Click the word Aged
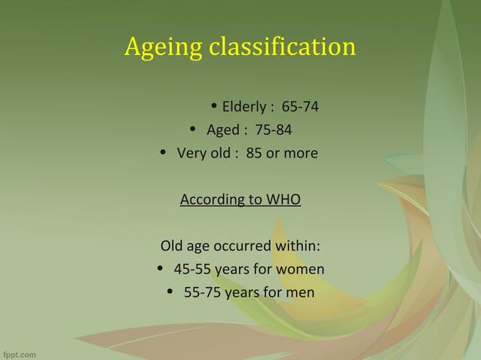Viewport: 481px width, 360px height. [222, 130]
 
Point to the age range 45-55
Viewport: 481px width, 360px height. [193, 270]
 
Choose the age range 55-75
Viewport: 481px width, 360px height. [203, 293]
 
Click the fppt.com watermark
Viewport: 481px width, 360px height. [20, 352]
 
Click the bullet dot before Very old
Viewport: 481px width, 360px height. [165, 154]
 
